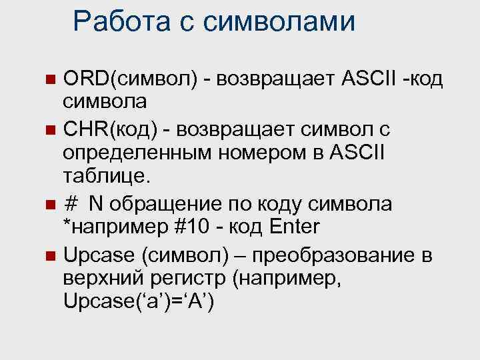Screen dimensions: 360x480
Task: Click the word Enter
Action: (294, 227)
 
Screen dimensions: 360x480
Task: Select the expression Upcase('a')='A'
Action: (138, 303)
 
